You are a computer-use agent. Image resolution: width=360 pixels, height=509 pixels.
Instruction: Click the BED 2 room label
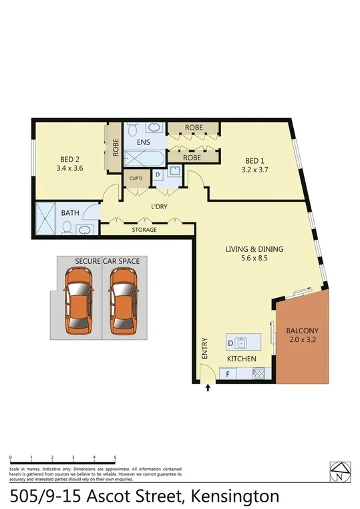point(70,159)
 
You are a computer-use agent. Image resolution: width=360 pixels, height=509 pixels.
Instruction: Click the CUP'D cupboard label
point(136,179)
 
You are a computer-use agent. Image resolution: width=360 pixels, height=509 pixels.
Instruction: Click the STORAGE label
point(144,230)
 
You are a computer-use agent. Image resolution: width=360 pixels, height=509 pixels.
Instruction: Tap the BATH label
point(70,213)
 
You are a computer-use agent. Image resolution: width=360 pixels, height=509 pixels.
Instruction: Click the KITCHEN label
point(241,359)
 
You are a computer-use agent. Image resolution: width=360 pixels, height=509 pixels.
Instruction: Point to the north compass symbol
point(341,472)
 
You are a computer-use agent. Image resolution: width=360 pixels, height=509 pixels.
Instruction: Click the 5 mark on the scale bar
point(116,458)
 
